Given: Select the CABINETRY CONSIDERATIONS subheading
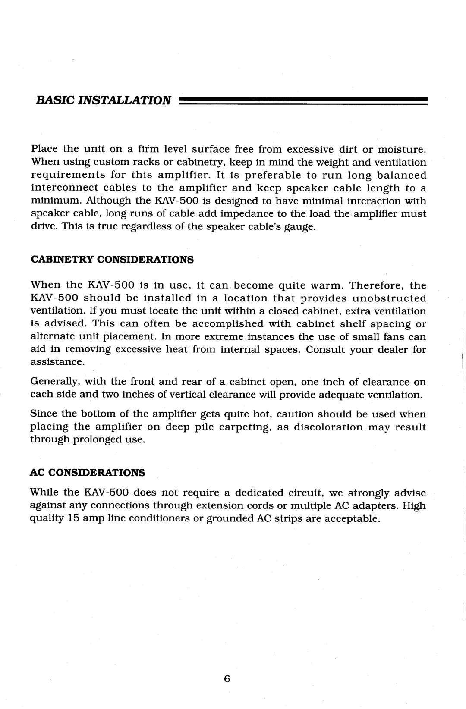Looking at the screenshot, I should [x=112, y=260].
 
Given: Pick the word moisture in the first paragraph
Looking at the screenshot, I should [x=403, y=150].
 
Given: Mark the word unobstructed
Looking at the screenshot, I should [x=390, y=298].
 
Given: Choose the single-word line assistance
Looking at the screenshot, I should [x=57, y=362].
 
